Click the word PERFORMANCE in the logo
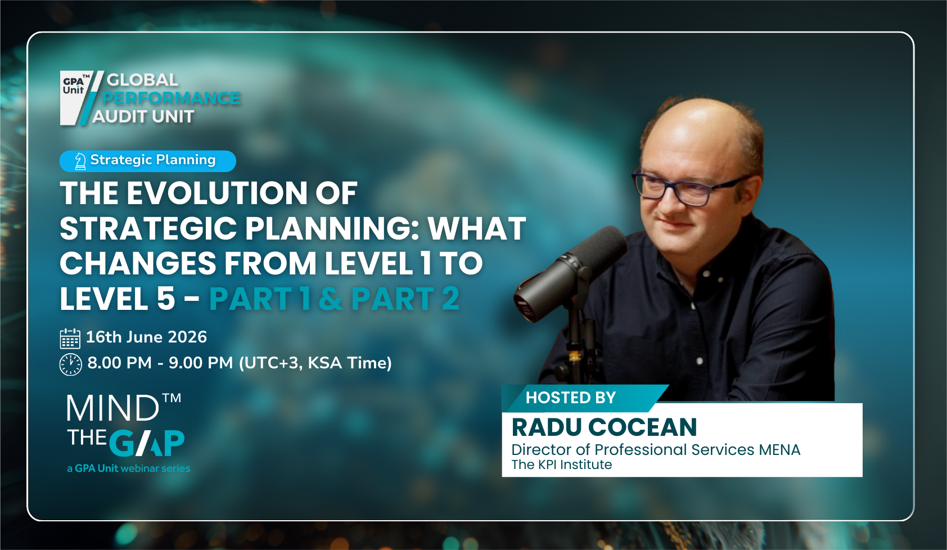tap(172, 98)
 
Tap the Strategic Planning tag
tap(147, 161)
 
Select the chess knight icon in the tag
tap(80, 161)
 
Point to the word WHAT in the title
tap(477, 229)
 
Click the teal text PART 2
tap(405, 299)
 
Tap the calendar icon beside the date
tap(70, 339)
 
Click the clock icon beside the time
tap(71, 364)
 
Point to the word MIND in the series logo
tap(113, 408)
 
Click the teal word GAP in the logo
tap(147, 443)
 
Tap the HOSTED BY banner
tap(571, 398)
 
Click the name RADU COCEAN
tap(604, 427)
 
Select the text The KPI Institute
tap(561, 465)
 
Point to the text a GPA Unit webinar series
tap(128, 468)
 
